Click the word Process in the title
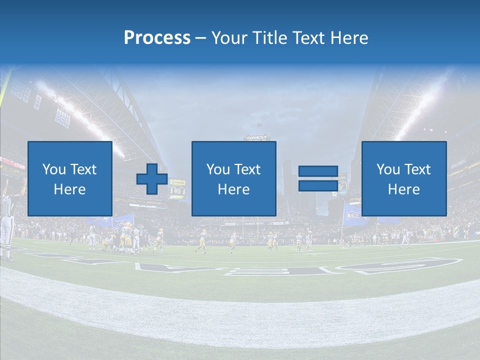point(157,38)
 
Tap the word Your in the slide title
point(229,38)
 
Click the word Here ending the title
point(349,38)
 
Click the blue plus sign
point(152,179)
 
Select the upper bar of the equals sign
point(318,171)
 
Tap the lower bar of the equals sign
point(318,185)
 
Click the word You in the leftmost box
point(54,169)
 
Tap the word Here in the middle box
point(234,189)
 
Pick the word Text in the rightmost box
point(418,169)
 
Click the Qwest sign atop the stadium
point(256,137)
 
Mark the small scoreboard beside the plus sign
point(177,189)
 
